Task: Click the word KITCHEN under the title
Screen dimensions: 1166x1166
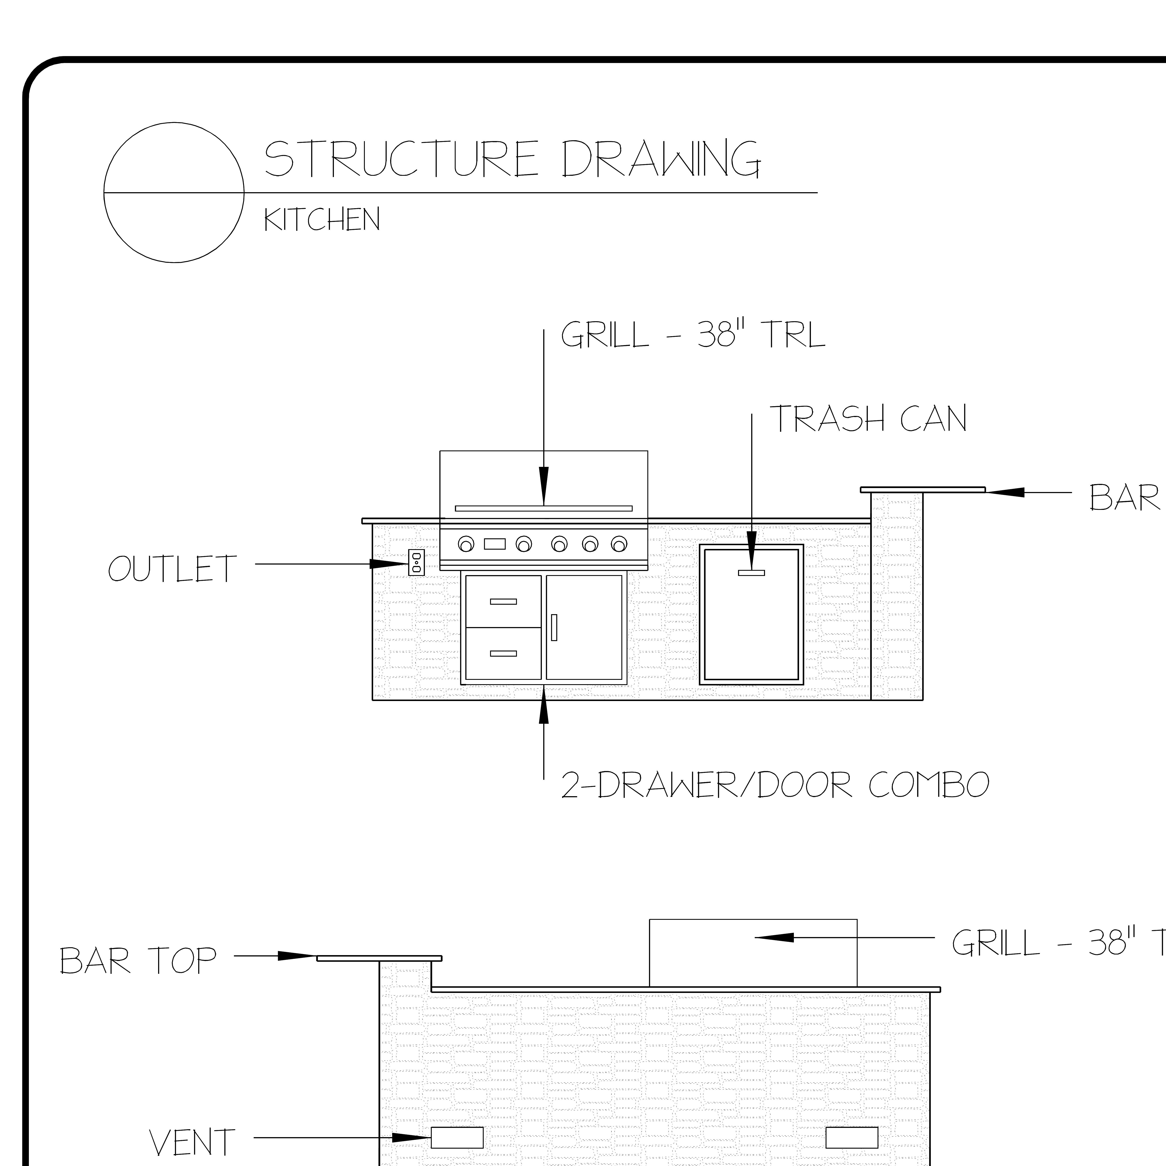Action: pos(322,220)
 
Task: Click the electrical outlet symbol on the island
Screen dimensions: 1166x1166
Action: pos(416,562)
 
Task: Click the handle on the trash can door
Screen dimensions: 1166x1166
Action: pos(751,573)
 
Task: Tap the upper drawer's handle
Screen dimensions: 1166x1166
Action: pos(503,601)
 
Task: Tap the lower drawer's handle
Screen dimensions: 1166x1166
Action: pos(503,653)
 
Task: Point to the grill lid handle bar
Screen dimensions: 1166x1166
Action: pos(543,508)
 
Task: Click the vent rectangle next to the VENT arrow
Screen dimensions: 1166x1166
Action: pos(457,1138)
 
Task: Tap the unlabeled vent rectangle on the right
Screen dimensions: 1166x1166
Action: pos(852,1138)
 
